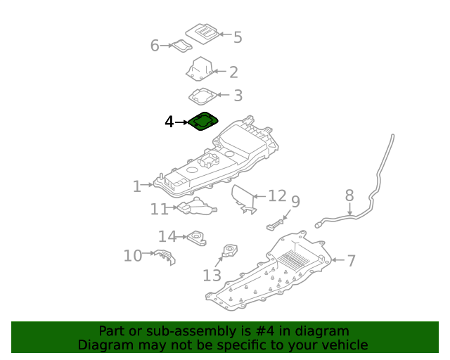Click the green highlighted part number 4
203,121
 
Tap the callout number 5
238,37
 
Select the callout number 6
155,46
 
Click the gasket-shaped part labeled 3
203,96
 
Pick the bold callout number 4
169,122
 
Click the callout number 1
137,186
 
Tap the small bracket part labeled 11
197,206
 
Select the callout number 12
277,195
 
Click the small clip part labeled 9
275,224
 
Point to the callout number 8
349,195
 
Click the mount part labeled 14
197,238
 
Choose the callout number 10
133,255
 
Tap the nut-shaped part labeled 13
230,250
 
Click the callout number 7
352,261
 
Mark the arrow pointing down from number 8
349,209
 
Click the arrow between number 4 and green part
181,122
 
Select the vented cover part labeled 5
202,34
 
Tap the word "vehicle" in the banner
347,345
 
